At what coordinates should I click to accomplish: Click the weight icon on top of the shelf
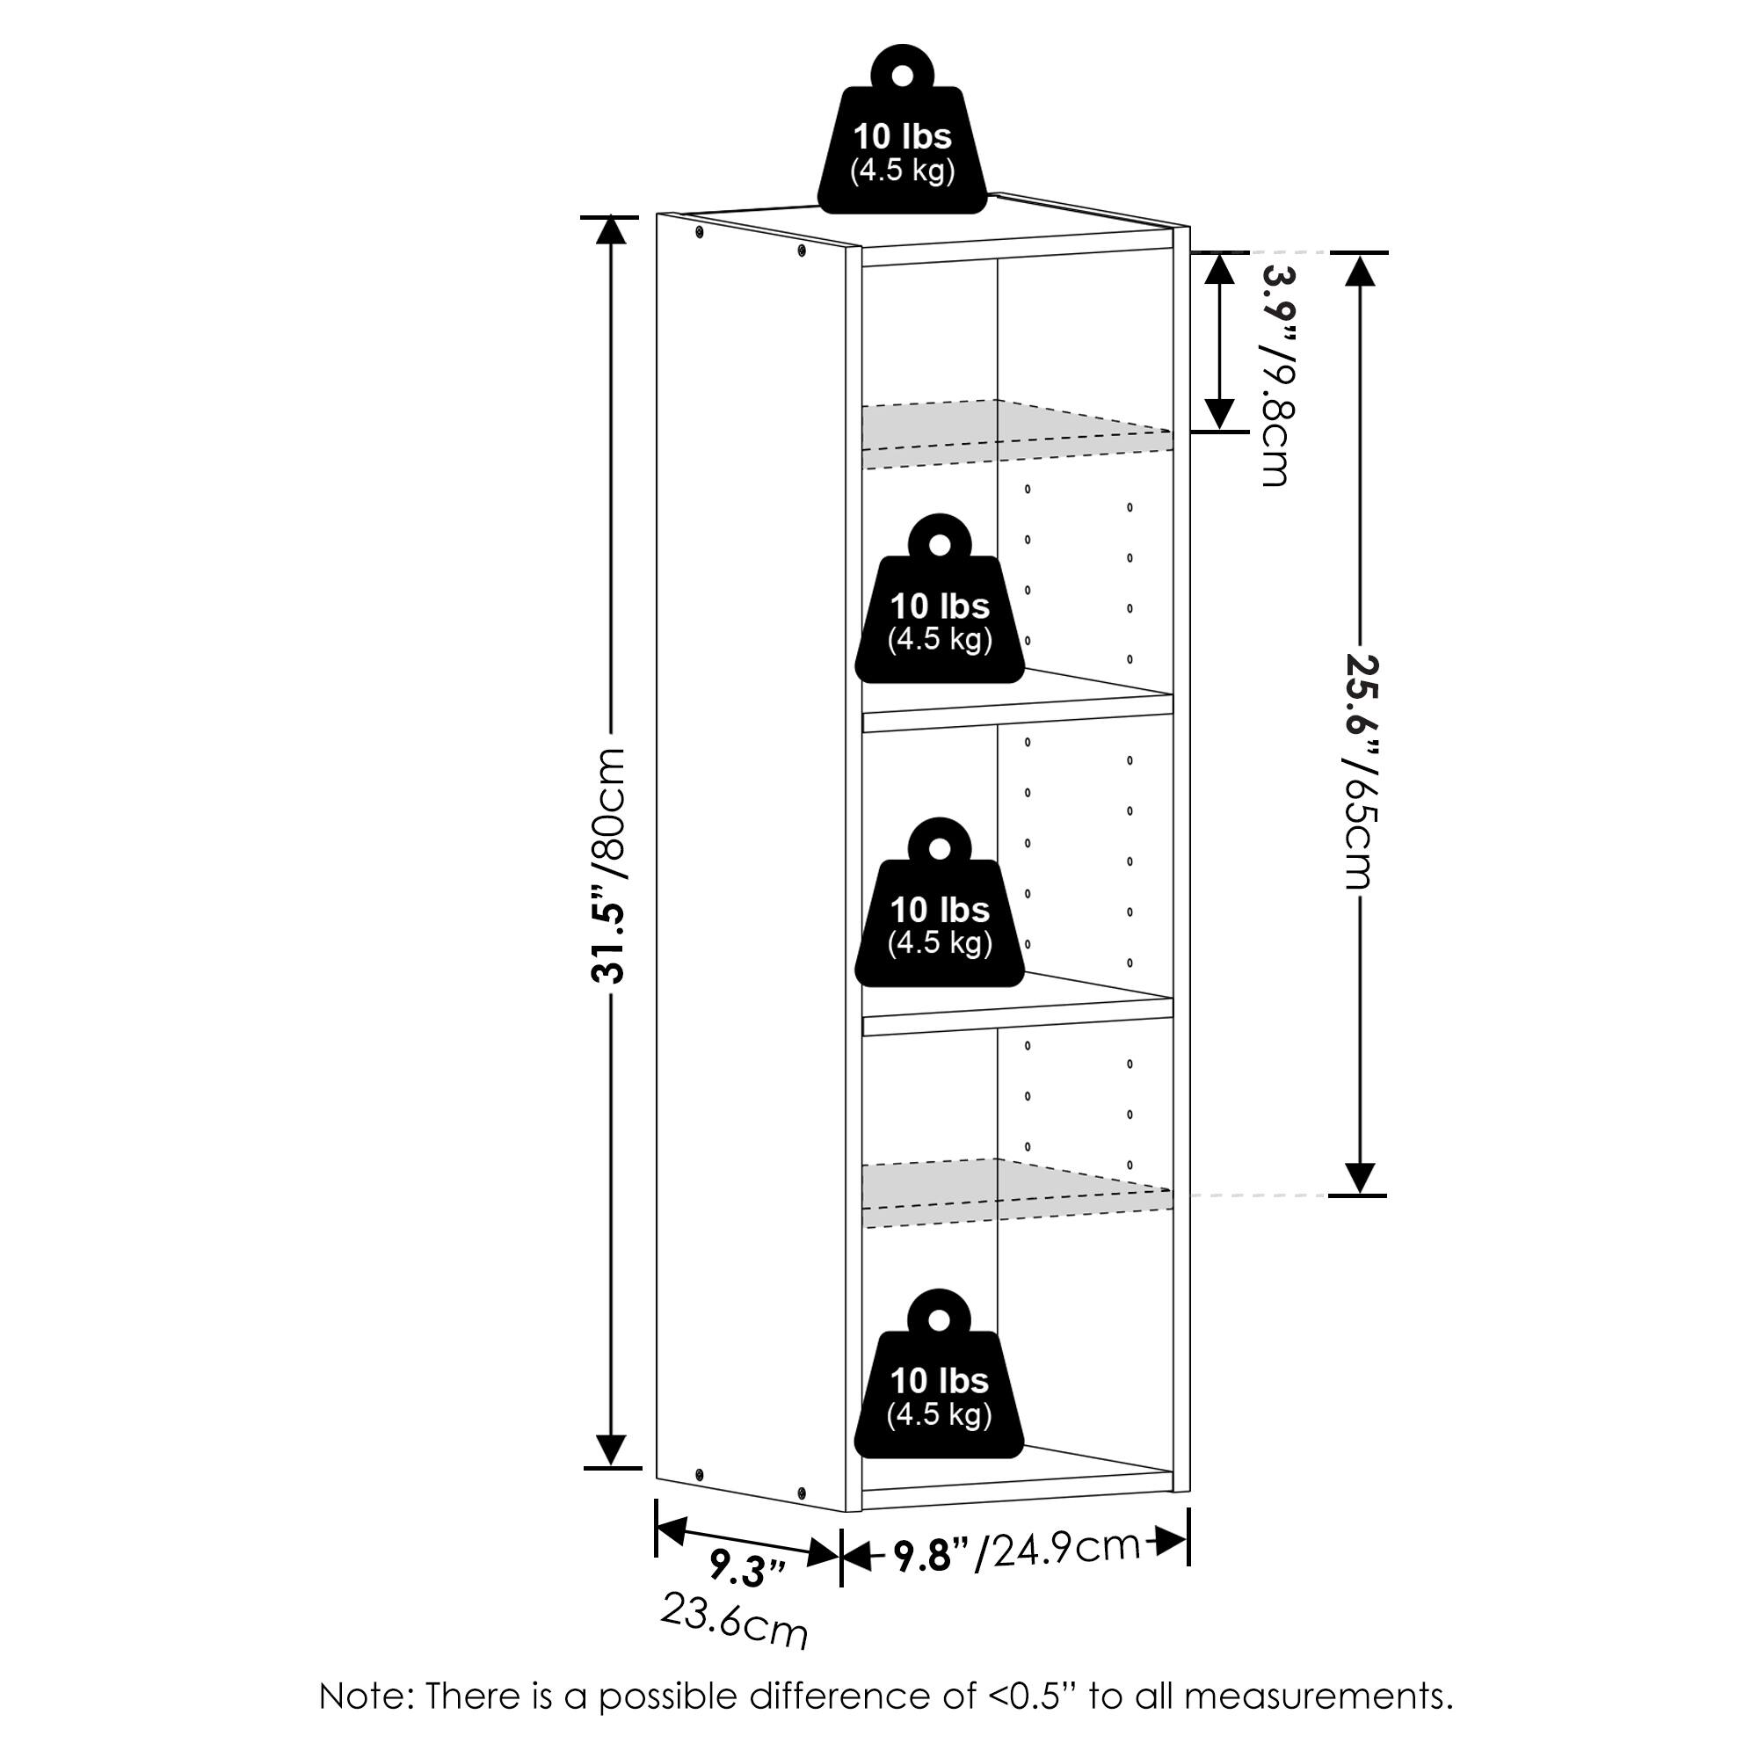click(x=902, y=129)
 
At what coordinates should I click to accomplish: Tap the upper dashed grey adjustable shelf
click(x=1017, y=435)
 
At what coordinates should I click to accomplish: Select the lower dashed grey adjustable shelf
click(x=1017, y=1194)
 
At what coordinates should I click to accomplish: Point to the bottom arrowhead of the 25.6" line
click(x=1360, y=1179)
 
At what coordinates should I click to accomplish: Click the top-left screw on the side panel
click(x=699, y=234)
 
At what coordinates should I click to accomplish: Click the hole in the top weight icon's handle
click(x=902, y=75)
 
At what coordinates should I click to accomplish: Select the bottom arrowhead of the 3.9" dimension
click(x=1219, y=415)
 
